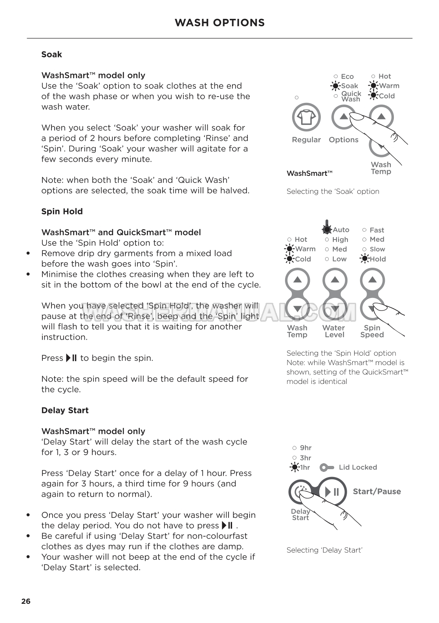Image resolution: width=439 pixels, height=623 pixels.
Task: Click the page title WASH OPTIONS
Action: pyautogui.click(x=219, y=23)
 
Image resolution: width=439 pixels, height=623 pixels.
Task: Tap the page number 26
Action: pyautogui.click(x=26, y=601)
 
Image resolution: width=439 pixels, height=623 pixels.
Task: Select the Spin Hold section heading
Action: pyautogui.click(x=62, y=212)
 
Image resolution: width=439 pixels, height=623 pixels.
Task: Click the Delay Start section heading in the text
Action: pyautogui.click(x=65, y=410)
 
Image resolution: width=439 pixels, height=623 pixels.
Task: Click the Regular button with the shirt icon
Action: pyautogui.click(x=306, y=117)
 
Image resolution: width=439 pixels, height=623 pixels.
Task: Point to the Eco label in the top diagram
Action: pyautogui.click(x=347, y=77)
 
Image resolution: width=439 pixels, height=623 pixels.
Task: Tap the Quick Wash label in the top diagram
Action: pyautogui.click(x=351, y=96)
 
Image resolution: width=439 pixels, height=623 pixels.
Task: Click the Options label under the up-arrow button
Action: pyautogui.click(x=344, y=140)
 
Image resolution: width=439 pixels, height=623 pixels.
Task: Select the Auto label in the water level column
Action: pyautogui.click(x=341, y=230)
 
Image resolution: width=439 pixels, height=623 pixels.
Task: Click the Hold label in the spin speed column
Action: pyautogui.click(x=377, y=259)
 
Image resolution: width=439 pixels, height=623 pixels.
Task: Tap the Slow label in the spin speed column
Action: pyautogui.click(x=377, y=249)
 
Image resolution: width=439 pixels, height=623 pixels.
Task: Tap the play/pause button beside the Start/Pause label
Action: pyautogui.click(x=332, y=491)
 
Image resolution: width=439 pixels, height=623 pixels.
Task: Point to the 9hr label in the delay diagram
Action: pyautogui.click(x=305, y=448)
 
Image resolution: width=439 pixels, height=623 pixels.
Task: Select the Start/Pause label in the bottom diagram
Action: pyautogui.click(x=377, y=491)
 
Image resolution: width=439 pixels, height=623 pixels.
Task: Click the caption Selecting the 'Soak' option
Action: pyautogui.click(x=333, y=192)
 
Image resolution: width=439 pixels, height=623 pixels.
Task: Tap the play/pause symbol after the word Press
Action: pyautogui.click(x=71, y=358)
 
